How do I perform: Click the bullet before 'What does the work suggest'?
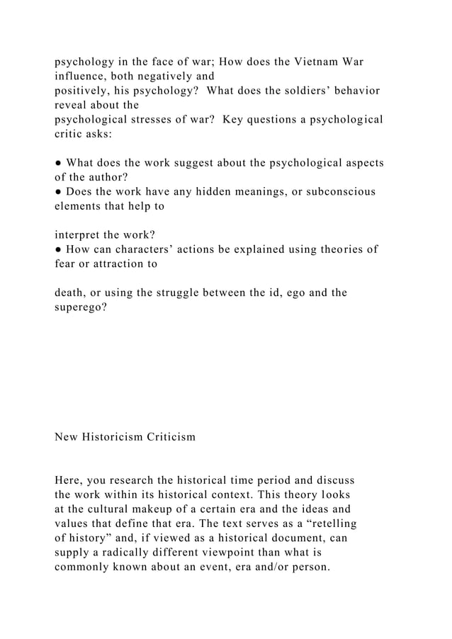point(59,162)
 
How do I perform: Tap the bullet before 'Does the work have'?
point(59,191)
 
